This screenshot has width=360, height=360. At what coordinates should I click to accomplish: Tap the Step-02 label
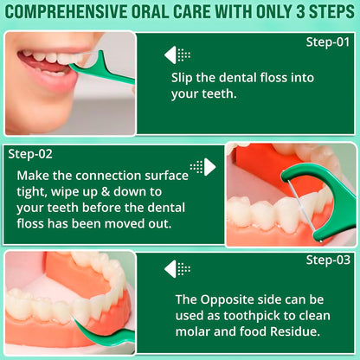pyautogui.click(x=30, y=154)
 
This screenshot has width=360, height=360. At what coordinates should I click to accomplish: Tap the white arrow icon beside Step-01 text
pyautogui.click(x=177, y=55)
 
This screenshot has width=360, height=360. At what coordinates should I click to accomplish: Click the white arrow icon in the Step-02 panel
pyautogui.click(x=204, y=166)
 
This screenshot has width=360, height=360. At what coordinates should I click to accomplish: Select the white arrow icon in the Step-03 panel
pyautogui.click(x=177, y=268)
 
